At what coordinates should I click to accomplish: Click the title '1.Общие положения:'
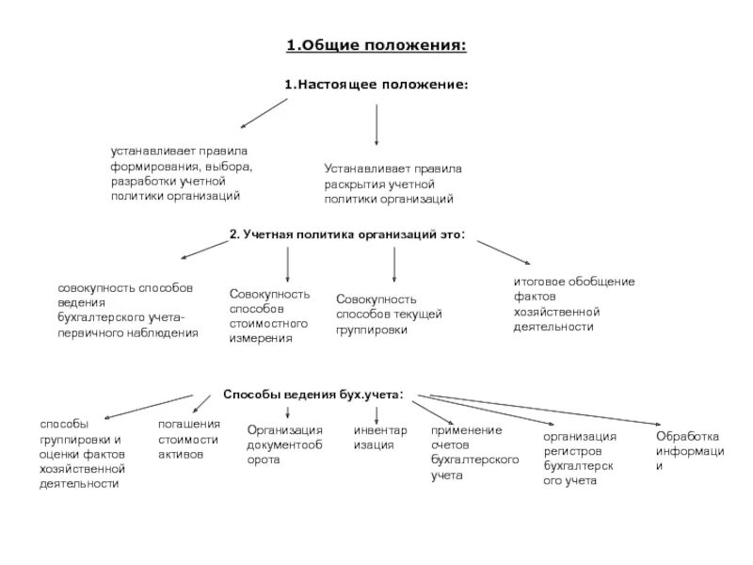click(x=376, y=44)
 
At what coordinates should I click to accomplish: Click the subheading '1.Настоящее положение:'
click(x=376, y=85)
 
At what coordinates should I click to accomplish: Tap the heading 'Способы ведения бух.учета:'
click(x=313, y=393)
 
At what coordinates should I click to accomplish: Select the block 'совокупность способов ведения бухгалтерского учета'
click(x=127, y=309)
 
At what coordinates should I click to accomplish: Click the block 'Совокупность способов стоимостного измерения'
click(x=269, y=316)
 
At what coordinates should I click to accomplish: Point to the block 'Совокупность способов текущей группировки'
click(x=389, y=315)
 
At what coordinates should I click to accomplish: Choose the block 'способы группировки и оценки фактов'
click(x=82, y=454)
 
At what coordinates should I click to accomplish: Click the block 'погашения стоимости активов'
click(x=188, y=439)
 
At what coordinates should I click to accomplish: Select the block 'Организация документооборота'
click(x=285, y=444)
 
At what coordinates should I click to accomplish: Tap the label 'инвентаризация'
click(x=380, y=438)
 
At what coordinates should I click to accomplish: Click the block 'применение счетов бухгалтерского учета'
click(x=476, y=453)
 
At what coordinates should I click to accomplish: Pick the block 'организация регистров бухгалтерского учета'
click(x=580, y=459)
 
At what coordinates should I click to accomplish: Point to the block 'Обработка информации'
click(x=690, y=451)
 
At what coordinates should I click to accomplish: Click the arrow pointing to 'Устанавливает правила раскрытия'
click(x=376, y=124)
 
